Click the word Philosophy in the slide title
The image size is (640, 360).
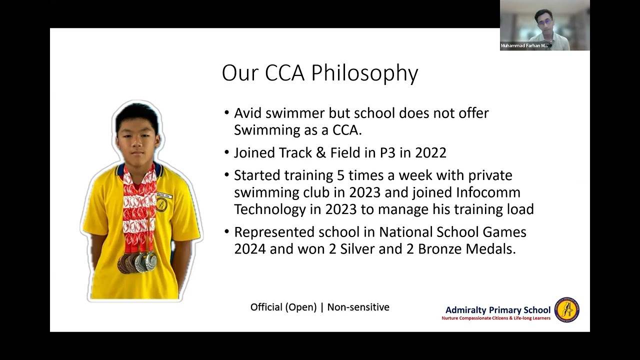pyautogui.click(x=364, y=73)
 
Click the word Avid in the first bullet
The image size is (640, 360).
pyautogui.click(x=246, y=113)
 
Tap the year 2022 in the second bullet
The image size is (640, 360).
pyautogui.click(x=430, y=152)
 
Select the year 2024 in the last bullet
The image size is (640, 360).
pyautogui.click(x=250, y=249)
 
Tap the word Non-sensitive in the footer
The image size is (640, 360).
pyautogui.click(x=358, y=307)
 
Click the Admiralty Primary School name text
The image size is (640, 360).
pyautogui.click(x=497, y=310)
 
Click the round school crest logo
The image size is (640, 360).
pyautogui.click(x=567, y=310)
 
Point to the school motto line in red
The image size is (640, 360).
pyautogui.click(x=495, y=318)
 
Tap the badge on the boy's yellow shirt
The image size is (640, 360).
pyautogui.click(x=161, y=204)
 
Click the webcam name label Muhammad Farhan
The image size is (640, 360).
pyautogui.click(x=524, y=45)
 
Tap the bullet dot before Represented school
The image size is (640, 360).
pyautogui.click(x=227, y=232)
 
